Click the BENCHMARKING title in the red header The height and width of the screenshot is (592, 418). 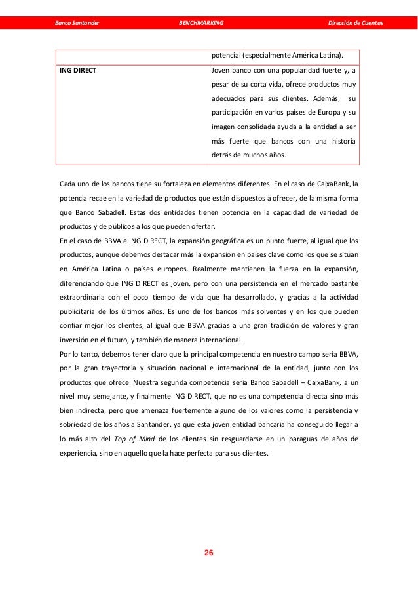[x=200, y=24]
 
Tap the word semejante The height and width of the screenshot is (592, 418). [x=129, y=396]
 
